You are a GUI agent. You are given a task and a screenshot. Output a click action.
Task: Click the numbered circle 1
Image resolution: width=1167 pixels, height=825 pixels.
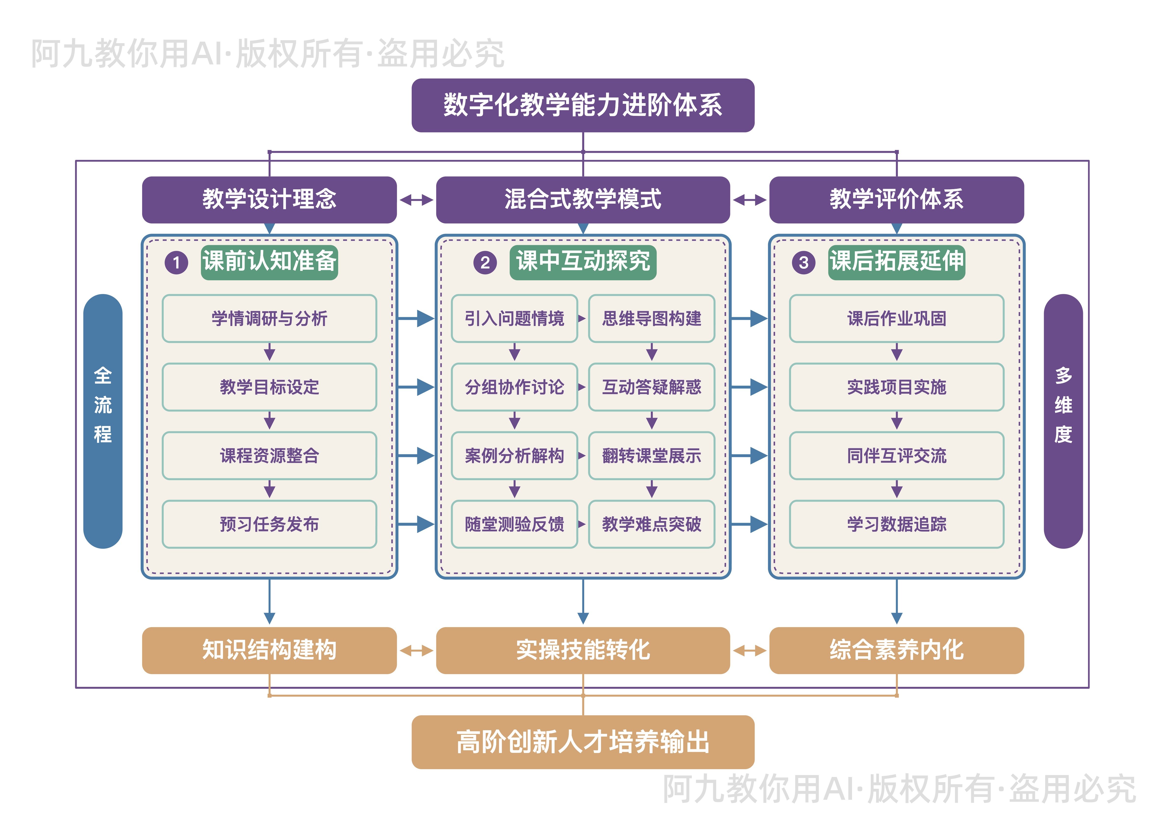(x=176, y=263)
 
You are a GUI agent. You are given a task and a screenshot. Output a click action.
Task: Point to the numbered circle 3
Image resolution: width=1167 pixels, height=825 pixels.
(x=803, y=263)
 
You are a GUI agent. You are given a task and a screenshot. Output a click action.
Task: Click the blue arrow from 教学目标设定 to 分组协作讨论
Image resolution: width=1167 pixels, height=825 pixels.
(x=416, y=387)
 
